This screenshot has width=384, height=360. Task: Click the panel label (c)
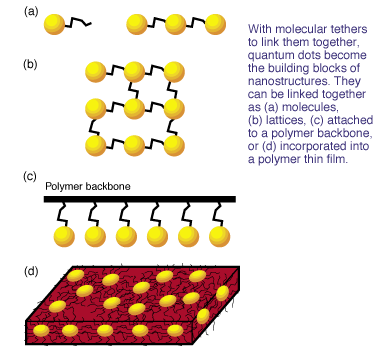31,175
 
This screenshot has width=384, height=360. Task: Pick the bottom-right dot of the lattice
175,145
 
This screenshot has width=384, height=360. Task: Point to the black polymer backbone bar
139,199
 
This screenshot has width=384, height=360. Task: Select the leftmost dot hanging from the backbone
64,236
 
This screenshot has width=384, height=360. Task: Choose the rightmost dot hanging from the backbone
214,236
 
